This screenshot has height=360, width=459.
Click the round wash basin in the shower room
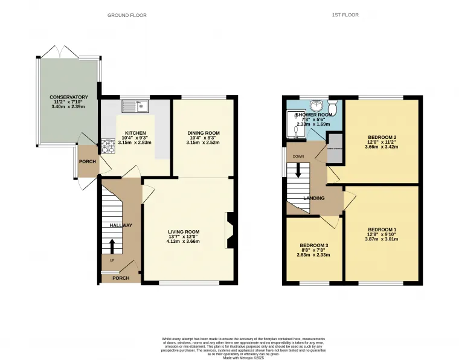[315, 103]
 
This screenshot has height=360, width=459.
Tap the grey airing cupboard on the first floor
[335, 154]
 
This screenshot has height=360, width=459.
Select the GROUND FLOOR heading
[126, 15]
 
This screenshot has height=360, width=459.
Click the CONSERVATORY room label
[69, 97]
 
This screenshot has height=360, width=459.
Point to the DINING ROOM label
[203, 133]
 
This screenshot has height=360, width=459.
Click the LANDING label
[314, 198]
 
